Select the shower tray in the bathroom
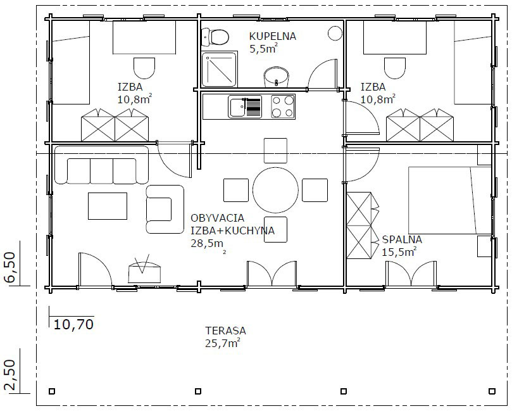pos(219,69)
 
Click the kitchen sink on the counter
pos(245,106)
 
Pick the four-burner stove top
pos(283,106)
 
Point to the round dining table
pos(275,190)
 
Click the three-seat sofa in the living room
pos(101,165)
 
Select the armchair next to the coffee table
pos(165,209)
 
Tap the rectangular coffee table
pos(108,206)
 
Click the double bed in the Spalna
pos(450,200)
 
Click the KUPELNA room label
pos(273,36)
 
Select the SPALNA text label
pos(402,239)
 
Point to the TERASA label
pos(226,331)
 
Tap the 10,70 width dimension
pos(73,324)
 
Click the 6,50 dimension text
pos(9,267)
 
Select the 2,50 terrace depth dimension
pos(9,375)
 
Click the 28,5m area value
pos(208,244)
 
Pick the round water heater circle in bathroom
pos(335,34)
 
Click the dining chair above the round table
pos(275,151)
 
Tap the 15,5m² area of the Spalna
pos(399,252)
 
